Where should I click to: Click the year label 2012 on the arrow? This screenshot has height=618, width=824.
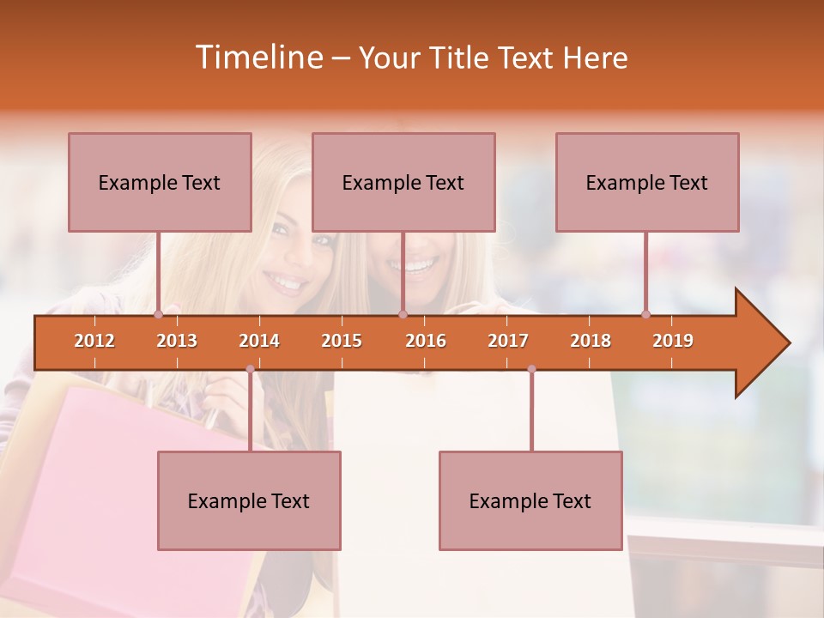94,341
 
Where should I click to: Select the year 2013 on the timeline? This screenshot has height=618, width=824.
177,341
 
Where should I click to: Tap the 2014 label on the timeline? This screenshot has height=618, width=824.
259,341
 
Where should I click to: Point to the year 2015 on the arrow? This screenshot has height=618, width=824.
342,341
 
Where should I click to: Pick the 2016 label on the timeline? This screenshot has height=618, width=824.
426,341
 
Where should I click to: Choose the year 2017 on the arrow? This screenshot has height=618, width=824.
508,341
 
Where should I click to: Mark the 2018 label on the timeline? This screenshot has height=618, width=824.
591,341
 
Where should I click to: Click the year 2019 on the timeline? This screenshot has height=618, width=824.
673,341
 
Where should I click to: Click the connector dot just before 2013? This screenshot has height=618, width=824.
158,314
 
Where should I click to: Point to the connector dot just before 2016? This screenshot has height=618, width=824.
403,314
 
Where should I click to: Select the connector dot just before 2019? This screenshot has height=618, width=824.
645,314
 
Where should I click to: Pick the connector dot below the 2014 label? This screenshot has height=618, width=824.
250,369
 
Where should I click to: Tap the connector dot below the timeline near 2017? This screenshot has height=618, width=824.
531,369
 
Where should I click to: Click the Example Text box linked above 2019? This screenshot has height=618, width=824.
647,182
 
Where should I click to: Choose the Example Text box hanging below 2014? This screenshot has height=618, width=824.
249,500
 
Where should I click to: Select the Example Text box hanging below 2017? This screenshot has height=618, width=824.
530,500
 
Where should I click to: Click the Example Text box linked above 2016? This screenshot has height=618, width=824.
403,182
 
